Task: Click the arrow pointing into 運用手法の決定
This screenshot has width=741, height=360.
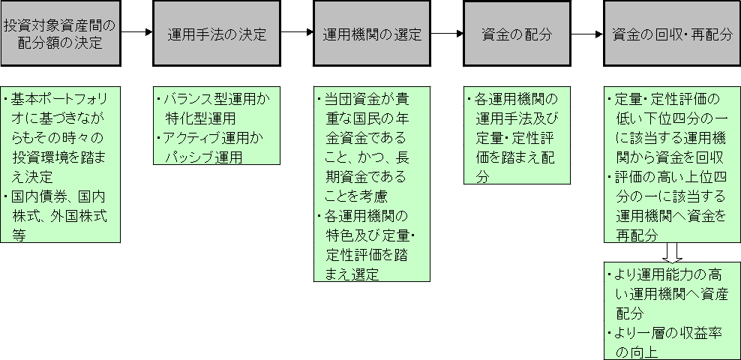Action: (x=136, y=34)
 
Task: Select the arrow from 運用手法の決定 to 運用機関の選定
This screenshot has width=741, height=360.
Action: (x=297, y=34)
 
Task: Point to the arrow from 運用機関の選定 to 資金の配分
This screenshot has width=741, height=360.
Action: (x=448, y=34)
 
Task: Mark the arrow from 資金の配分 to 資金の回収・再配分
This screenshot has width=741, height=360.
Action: (x=587, y=34)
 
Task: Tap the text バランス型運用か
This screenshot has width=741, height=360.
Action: (x=216, y=99)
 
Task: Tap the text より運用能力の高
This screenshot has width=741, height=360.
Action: (x=670, y=274)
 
